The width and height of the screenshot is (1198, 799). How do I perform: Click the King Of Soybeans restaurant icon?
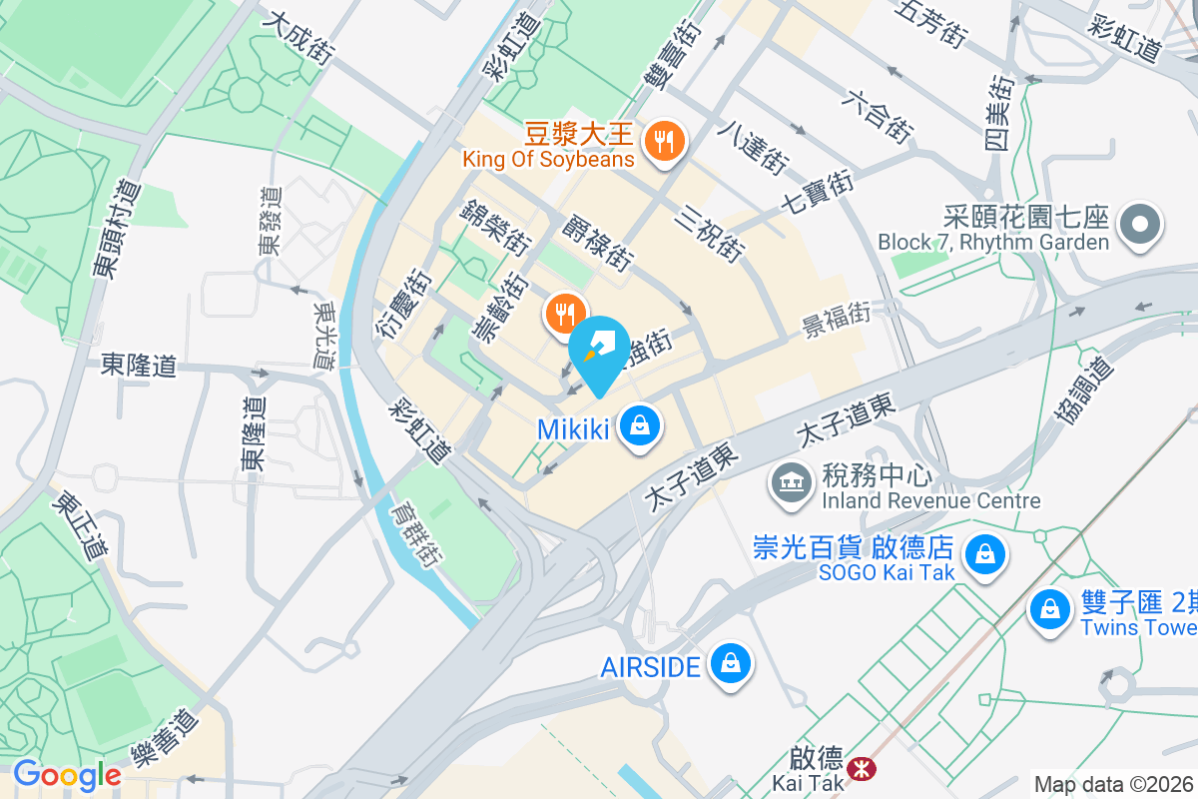[663, 142]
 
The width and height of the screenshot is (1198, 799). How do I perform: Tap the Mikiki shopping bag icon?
[638, 426]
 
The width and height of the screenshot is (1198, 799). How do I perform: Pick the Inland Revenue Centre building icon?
[790, 482]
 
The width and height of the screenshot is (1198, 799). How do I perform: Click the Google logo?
[67, 774]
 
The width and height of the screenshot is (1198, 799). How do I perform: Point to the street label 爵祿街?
[598, 243]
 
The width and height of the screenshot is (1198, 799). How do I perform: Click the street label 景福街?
[837, 321]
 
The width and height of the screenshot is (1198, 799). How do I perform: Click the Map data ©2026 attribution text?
[1114, 785]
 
